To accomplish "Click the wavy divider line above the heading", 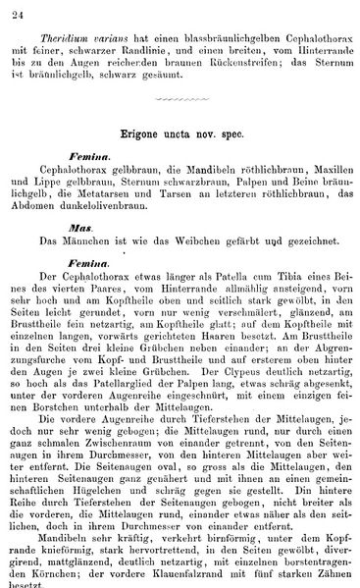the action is click(180, 100).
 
